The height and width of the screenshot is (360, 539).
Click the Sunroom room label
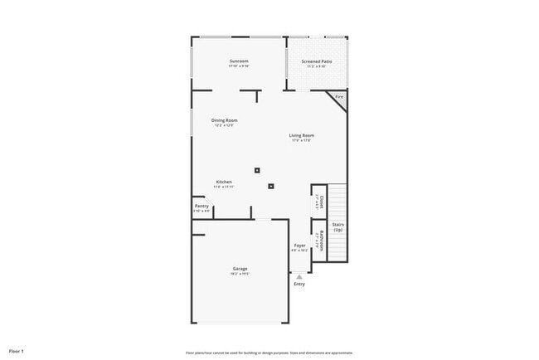tap(239, 61)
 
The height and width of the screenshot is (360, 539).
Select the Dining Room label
tap(225, 120)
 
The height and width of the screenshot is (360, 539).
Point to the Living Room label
tap(300, 135)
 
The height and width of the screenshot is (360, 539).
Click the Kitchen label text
tap(224, 182)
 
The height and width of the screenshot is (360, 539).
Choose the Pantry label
tap(202, 206)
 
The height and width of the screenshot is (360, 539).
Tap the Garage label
tap(240, 268)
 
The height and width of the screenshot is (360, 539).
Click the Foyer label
tap(299, 246)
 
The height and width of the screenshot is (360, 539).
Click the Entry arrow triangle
tap(299, 277)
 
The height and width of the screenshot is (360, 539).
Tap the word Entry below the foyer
tap(299, 284)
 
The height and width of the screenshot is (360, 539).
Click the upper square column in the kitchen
tap(257, 170)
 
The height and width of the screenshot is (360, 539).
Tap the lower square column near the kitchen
tap(270, 186)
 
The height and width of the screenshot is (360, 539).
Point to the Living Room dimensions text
tap(300, 140)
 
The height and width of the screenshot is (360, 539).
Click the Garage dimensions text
tap(240, 273)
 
